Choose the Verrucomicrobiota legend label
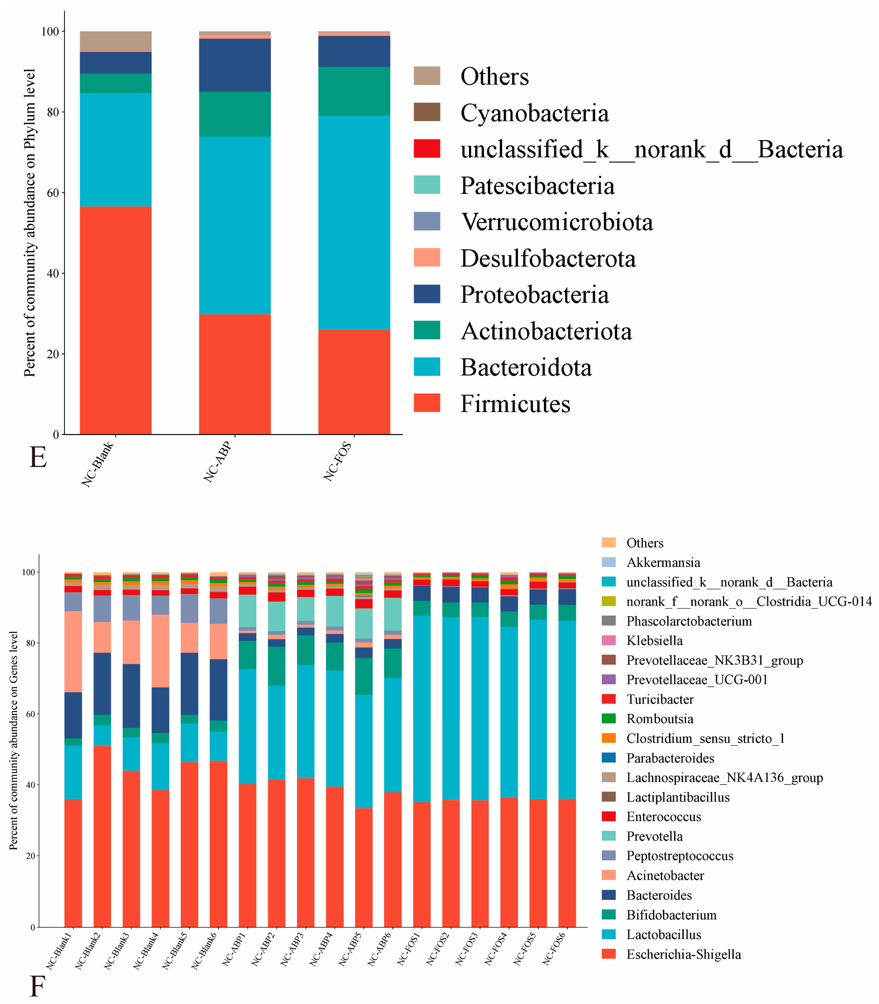click(x=556, y=222)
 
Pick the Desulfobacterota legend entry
click(x=547, y=258)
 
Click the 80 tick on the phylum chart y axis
click(x=53, y=112)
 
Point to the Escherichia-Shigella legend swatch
click(x=608, y=954)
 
